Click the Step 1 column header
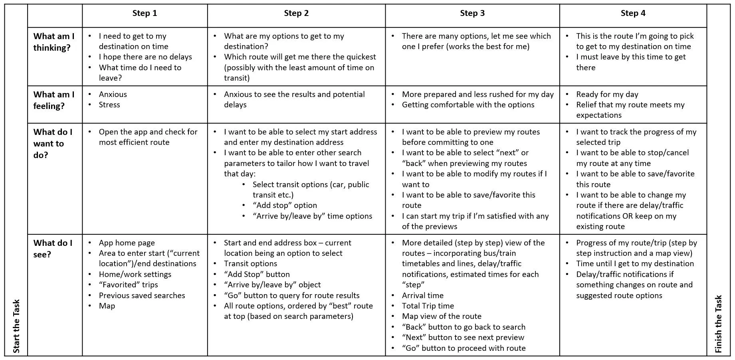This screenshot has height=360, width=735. [145, 14]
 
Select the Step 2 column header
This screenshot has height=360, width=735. [296, 14]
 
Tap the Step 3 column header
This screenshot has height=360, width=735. [472, 14]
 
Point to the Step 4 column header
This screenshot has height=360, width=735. [633, 14]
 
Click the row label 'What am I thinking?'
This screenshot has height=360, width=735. [53, 42]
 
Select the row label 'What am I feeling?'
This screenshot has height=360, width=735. [53, 100]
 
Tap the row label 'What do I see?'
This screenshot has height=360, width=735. [53, 249]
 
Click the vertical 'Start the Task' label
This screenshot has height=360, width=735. [16, 326]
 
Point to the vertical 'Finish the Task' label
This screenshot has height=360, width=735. [718, 324]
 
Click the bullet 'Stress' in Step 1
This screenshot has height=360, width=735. [109, 105]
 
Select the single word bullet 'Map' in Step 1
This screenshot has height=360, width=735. [107, 306]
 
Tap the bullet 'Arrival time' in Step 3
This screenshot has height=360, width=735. [422, 296]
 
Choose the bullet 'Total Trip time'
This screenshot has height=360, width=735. [428, 306]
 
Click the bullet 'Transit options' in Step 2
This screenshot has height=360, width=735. [250, 264]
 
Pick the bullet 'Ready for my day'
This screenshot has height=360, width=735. [607, 95]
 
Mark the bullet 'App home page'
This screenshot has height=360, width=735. [127, 243]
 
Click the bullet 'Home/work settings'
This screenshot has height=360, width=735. [135, 275]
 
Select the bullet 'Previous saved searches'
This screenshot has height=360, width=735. [142, 296]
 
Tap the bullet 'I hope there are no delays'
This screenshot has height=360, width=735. [145, 57]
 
